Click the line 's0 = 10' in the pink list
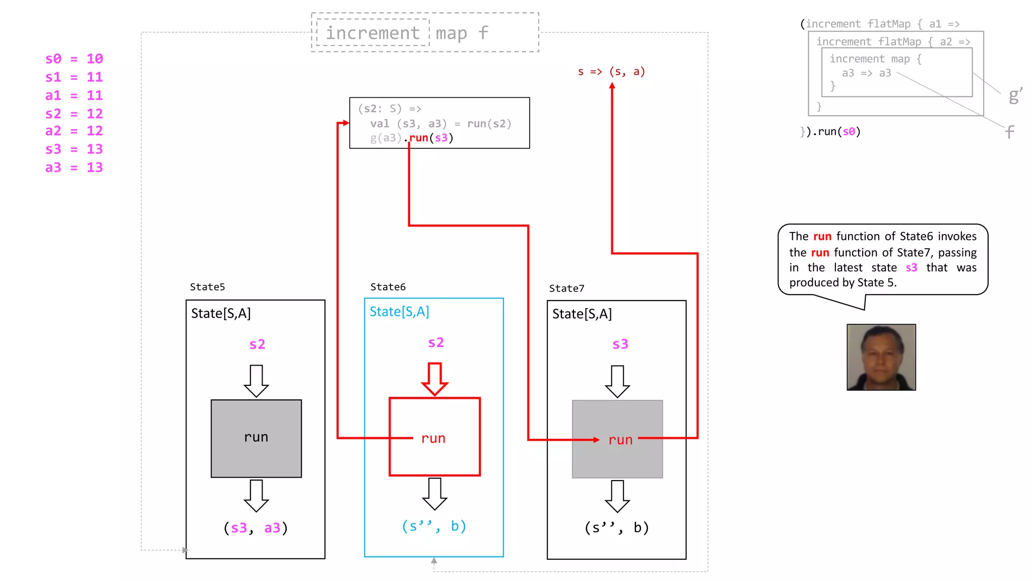pyautogui.click(x=74, y=59)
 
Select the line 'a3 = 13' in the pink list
pyautogui.click(x=74, y=167)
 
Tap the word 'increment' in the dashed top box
pyautogui.click(x=372, y=33)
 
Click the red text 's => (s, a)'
pyautogui.click(x=611, y=72)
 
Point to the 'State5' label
pyautogui.click(x=207, y=287)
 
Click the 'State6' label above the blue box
pyautogui.click(x=388, y=287)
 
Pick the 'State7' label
pyautogui.click(x=566, y=288)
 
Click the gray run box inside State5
pyautogui.click(x=256, y=438)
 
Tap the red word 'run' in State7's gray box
pyautogui.click(x=620, y=440)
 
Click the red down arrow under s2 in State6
pyautogui.click(x=434, y=379)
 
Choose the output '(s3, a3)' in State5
pyautogui.click(x=255, y=528)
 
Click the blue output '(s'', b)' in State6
pyautogui.click(x=434, y=526)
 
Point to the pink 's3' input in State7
pyautogui.click(x=620, y=344)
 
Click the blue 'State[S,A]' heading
pyautogui.click(x=399, y=312)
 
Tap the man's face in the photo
pyautogui.click(x=881, y=356)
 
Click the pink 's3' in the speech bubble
pyautogui.click(x=911, y=268)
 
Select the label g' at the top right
pyautogui.click(x=1015, y=95)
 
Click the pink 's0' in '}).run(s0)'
pyautogui.click(x=849, y=132)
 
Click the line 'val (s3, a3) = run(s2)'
pyautogui.click(x=440, y=124)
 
